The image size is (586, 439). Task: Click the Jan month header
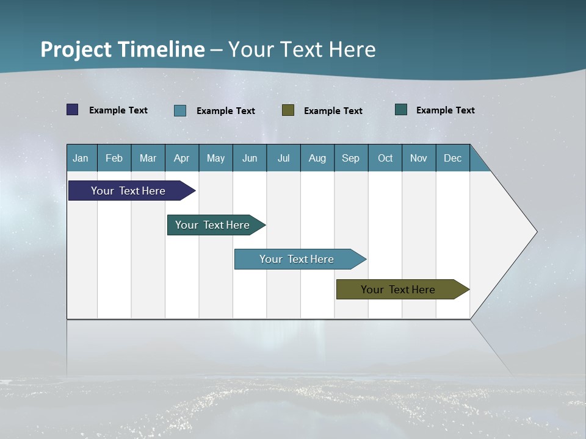(x=81, y=158)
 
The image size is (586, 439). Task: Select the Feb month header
(x=114, y=158)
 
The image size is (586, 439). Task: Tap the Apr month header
(x=182, y=158)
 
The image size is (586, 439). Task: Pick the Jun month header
(x=250, y=158)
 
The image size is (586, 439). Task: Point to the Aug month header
(x=317, y=158)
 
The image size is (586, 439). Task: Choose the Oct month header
(x=385, y=158)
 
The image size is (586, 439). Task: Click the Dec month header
(x=453, y=158)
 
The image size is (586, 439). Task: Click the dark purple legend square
(x=73, y=110)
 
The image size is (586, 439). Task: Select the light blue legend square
(x=180, y=110)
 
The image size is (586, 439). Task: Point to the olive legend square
(x=288, y=110)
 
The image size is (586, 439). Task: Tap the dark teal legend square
(x=401, y=109)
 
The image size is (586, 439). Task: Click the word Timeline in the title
(x=161, y=49)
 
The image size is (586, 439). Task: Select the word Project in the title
(x=76, y=49)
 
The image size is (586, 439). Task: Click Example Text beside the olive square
(x=333, y=110)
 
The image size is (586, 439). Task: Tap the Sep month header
(x=350, y=158)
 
